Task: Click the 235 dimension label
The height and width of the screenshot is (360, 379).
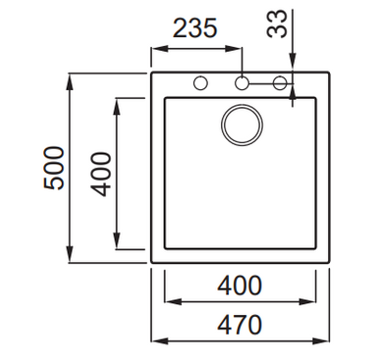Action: [x=194, y=28]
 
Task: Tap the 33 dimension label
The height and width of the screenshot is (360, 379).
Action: [x=277, y=24]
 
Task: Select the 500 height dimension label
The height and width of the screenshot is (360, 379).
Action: [x=54, y=169]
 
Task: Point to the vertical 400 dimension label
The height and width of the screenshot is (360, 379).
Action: [x=101, y=174]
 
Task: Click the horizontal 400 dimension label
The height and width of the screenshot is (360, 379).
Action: [x=240, y=285]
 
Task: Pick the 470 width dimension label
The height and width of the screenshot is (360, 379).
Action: [x=240, y=325]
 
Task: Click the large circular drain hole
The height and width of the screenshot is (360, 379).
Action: [x=242, y=125]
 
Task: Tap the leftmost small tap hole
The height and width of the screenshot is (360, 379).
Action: [x=200, y=83]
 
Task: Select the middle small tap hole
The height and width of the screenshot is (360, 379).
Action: [x=242, y=83]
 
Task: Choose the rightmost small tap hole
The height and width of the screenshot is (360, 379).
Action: [x=280, y=83]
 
